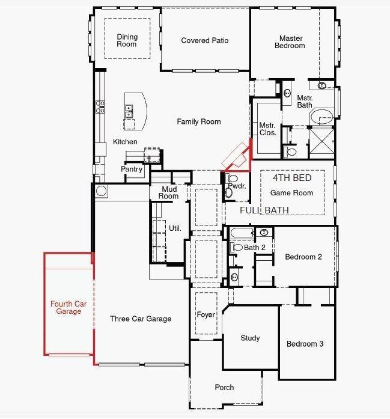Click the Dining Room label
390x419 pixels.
tap(127, 40)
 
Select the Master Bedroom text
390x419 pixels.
tap(290, 41)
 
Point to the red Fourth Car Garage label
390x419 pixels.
tap(69, 308)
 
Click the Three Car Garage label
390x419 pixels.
tap(141, 319)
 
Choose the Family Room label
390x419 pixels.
tap(199, 121)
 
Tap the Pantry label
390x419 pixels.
tap(132, 170)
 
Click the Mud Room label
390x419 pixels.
tap(168, 192)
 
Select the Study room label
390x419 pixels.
tap(250, 338)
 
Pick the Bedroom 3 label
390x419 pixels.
tap(305, 344)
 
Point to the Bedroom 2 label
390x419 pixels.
tap(303, 257)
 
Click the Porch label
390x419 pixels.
tap(224, 388)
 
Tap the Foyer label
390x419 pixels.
tap(206, 315)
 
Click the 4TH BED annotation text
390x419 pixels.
tap(292, 179)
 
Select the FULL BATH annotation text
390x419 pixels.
tap(264, 210)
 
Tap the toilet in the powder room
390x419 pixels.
tap(229, 193)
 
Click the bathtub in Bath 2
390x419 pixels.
tap(242, 233)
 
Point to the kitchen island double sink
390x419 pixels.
tap(129, 111)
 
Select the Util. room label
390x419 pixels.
tap(175, 228)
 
